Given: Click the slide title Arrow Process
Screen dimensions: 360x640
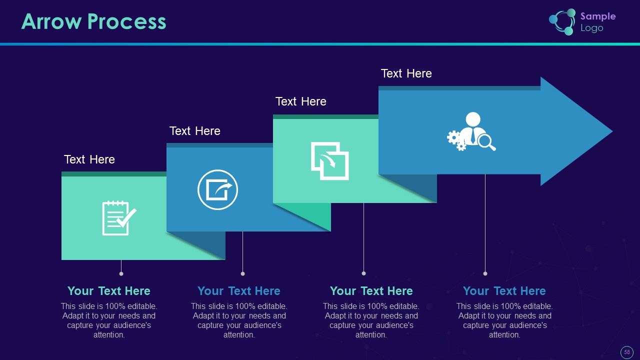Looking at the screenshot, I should point(93,22).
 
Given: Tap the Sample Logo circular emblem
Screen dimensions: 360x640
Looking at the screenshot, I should point(562,22).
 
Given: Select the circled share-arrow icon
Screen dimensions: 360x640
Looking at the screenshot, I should point(217,190).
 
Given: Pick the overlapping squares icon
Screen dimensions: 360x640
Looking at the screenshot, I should point(329,161).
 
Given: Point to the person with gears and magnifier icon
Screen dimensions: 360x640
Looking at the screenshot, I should point(471,132).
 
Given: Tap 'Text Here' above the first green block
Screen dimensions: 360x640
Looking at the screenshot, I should point(89,159).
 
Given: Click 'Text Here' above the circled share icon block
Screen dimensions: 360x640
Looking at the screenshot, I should point(195,131).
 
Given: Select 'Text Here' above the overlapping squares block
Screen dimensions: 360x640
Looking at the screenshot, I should point(301,101).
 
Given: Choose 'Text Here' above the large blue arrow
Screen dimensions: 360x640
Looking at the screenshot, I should point(406,73).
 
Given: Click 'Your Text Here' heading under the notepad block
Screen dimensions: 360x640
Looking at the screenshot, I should point(109,291).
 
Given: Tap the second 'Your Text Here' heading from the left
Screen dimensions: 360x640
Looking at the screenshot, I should point(239,291).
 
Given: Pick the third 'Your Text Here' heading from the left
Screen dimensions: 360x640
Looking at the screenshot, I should point(371,291).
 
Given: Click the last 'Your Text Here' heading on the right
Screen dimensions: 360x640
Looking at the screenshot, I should point(504,291).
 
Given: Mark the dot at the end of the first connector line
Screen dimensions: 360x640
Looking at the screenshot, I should point(121,273).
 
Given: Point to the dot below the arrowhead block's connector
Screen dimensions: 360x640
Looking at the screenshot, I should point(485,273).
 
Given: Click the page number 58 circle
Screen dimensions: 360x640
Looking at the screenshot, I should point(627,352).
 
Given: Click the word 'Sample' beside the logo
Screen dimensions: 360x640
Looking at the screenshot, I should point(598,16).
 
